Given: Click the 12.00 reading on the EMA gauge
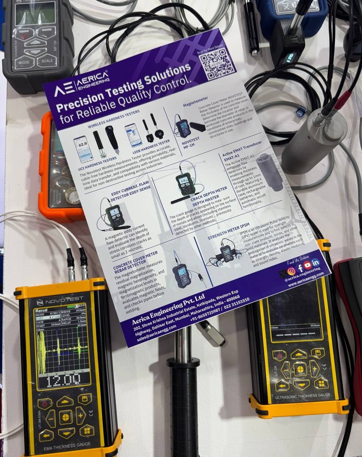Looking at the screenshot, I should [63, 380].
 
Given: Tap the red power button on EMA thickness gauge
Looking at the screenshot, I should [45, 403].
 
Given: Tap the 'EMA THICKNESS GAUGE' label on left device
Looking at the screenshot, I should [67, 446].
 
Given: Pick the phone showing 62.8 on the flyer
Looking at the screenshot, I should [82, 149].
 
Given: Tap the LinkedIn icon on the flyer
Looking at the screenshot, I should [315, 262].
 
